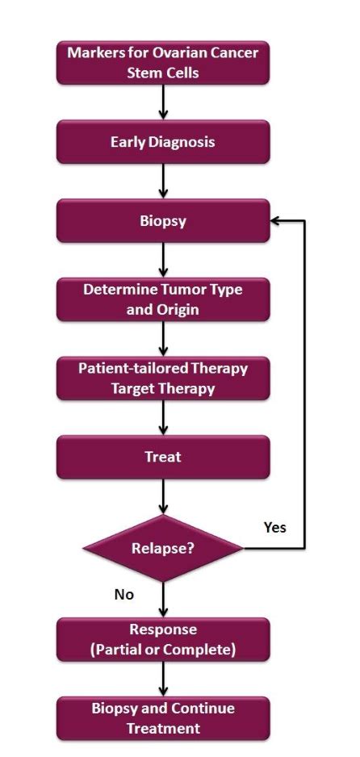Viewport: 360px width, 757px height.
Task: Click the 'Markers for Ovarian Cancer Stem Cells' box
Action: tap(162, 63)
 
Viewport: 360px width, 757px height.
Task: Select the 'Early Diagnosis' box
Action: tap(162, 142)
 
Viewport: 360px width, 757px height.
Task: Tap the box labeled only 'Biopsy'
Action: tap(162, 220)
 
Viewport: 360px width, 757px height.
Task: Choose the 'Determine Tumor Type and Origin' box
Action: tap(162, 299)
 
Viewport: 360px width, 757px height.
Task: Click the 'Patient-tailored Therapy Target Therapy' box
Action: tap(162, 378)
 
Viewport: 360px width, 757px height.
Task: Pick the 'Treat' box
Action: tap(162, 457)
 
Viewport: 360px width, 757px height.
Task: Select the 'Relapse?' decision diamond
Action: tap(162, 549)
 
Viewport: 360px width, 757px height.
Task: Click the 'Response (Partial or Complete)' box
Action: tap(162, 639)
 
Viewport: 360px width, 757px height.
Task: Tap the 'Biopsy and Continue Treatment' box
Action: tap(162, 717)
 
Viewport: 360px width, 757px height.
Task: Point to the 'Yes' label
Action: tap(275, 527)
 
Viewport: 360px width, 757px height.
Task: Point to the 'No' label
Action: tap(123, 595)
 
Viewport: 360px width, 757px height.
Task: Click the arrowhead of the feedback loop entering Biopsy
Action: tap(278, 220)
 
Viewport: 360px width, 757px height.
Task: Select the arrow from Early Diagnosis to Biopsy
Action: tap(163, 182)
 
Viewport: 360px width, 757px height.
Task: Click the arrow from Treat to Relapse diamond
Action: tap(163, 496)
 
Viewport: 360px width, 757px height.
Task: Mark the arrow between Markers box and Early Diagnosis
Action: tap(163, 102)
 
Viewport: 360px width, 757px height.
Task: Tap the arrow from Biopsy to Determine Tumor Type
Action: tap(163, 260)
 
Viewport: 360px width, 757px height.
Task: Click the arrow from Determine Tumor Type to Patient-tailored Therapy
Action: tap(163, 339)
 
